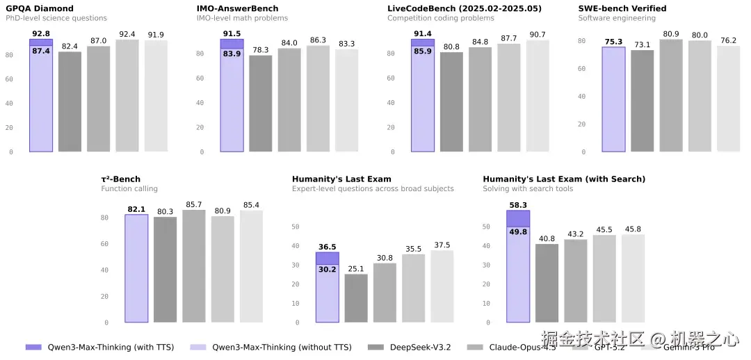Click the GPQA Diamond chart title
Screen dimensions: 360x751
[40, 8]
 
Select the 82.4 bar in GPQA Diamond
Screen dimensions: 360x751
[70, 101]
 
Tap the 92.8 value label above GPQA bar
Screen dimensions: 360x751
[41, 33]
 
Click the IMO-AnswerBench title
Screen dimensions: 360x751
[237, 8]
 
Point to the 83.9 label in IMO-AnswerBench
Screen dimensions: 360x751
[232, 54]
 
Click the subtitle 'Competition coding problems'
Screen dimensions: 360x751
[441, 18]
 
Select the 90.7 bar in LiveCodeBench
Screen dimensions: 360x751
[538, 96]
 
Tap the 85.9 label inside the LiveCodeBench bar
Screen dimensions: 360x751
[423, 51]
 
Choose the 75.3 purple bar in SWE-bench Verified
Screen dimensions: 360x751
[613, 99]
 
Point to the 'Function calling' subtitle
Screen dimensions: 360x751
[129, 189]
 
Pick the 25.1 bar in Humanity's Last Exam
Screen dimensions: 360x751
[356, 298]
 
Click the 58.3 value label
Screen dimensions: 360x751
[518, 205]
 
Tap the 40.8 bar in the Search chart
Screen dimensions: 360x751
[547, 283]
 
